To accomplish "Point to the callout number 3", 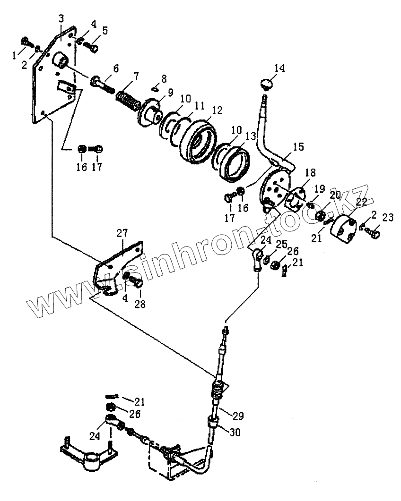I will [61, 19].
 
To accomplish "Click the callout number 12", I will [217, 111].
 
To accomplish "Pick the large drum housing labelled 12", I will [197, 138].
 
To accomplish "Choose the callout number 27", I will [122, 233].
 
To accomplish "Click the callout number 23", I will [388, 218].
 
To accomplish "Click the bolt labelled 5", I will [94, 47].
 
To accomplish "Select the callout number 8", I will [164, 78].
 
